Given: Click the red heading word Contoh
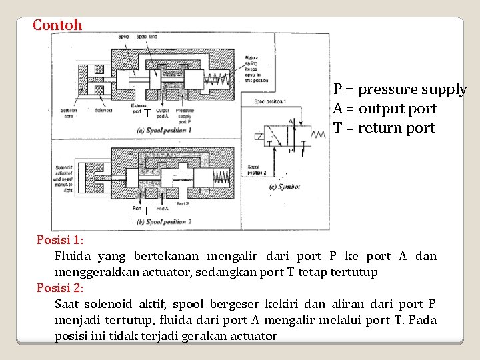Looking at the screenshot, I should [x=57, y=25].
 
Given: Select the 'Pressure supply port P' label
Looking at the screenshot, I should [x=185, y=113].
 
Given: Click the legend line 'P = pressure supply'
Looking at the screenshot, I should [x=400, y=89].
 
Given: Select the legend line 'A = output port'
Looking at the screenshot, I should [x=385, y=109].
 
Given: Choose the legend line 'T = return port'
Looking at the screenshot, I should [x=384, y=128].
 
